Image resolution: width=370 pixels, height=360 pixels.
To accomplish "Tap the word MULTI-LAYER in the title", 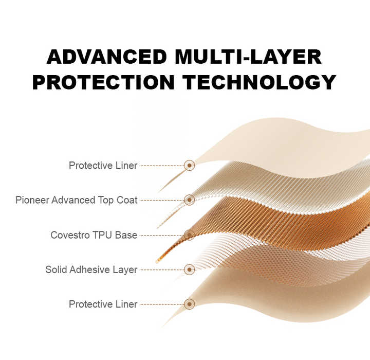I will point(249,57).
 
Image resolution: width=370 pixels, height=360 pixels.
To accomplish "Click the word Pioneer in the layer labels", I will point(32,200).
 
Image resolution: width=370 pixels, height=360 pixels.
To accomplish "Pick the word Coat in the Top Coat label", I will point(127,200).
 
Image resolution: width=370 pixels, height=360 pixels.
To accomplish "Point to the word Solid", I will point(56,269).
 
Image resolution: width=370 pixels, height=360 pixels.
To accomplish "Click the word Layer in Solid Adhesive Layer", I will point(126,269).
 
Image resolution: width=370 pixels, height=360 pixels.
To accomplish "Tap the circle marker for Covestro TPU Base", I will point(189,235).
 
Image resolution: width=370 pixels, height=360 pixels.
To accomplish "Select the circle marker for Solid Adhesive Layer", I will point(189,269).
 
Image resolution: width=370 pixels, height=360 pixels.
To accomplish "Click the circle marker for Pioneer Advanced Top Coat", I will point(189,200).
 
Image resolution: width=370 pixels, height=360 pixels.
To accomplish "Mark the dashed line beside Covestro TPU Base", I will point(161,235).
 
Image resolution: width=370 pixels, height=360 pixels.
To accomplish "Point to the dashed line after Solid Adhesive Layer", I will point(161,269).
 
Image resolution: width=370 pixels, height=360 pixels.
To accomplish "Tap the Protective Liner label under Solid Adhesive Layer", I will point(103,304).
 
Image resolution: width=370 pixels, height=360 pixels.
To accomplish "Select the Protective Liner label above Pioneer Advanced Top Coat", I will point(103,166).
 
